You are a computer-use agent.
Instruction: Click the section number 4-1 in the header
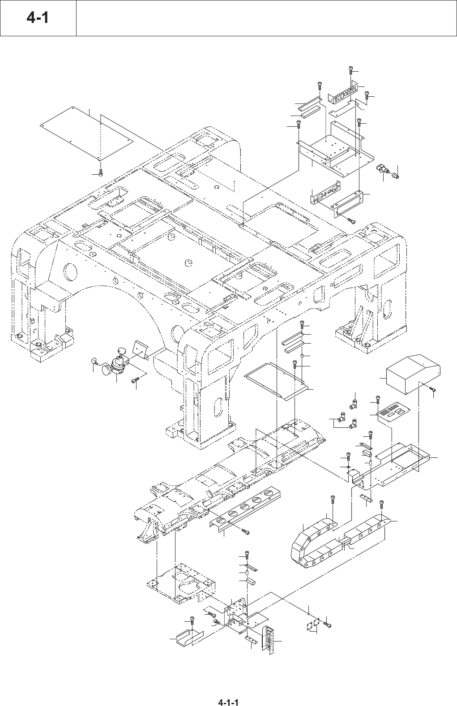[x=38, y=17]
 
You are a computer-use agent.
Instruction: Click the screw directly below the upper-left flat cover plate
[x=101, y=172]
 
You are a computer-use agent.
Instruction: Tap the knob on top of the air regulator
[x=122, y=350]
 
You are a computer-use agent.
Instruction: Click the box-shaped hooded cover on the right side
[x=413, y=374]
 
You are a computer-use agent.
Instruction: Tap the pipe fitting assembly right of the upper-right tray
[x=387, y=171]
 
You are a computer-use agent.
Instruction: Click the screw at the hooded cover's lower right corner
[x=433, y=390]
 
